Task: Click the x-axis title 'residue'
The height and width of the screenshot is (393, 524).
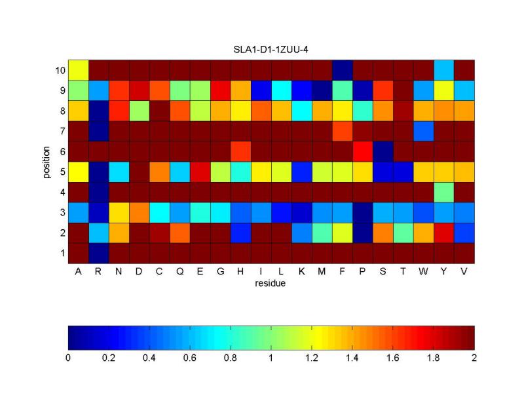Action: [271, 284]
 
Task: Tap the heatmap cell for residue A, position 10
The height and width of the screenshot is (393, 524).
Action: [78, 69]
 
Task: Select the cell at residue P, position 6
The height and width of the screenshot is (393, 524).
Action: [362, 151]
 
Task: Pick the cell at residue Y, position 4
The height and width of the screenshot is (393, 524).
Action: [443, 192]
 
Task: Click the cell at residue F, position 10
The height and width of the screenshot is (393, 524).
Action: [342, 69]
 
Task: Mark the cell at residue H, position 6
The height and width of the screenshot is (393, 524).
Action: [240, 151]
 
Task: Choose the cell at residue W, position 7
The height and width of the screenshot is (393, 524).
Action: [423, 130]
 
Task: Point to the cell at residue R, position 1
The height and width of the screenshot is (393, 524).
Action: [98, 253]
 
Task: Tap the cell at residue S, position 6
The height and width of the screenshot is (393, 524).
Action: [383, 151]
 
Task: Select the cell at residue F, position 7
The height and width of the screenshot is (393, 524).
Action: [342, 130]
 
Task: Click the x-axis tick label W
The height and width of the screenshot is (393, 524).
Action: [423, 272]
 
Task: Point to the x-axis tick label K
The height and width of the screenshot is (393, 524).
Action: [301, 272]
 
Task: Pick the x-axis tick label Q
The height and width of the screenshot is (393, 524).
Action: [179, 272]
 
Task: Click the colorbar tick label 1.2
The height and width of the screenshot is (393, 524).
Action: [312, 358]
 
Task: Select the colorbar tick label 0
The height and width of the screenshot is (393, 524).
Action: [68, 358]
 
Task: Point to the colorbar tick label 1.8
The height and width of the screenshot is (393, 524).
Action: [434, 358]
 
